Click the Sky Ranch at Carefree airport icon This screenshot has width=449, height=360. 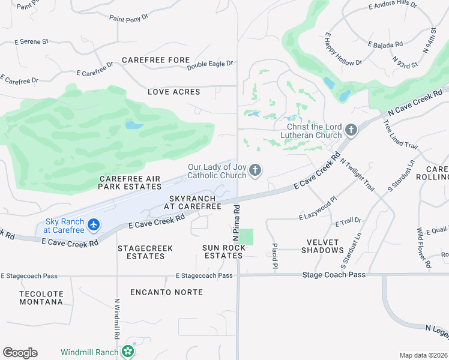tap(93, 225)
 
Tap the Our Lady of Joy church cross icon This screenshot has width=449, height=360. tap(255, 172)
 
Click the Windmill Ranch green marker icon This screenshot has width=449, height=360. tap(127, 352)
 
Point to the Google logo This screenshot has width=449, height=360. tap(20, 353)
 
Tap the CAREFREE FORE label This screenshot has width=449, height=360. tap(155, 60)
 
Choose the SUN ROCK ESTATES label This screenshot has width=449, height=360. tap(223, 251)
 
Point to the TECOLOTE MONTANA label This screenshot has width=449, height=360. tap(41, 298)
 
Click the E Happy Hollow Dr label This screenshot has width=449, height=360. tap(343, 50)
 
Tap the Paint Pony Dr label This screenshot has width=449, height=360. tap(128, 19)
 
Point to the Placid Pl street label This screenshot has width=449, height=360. tap(274, 255)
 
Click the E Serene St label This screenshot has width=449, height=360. tap(32, 42)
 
